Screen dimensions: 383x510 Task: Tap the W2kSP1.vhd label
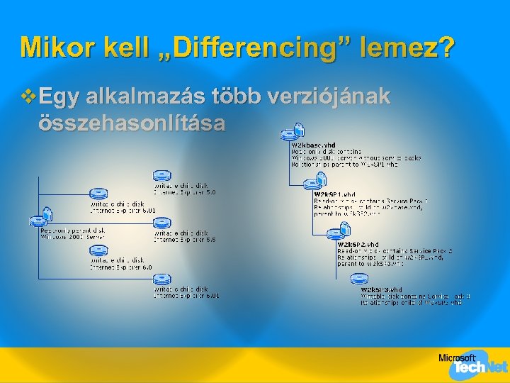point(334,194)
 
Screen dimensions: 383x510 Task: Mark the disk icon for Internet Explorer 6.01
point(162,279)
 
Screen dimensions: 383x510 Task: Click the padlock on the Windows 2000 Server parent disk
point(48,213)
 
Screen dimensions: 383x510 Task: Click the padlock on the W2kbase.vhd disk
point(300,129)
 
